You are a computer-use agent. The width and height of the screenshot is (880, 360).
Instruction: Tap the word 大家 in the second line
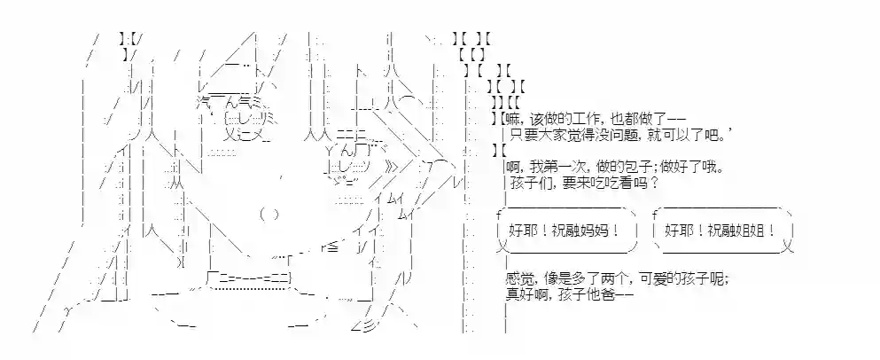[552, 135]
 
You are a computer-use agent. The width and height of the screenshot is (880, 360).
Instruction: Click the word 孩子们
[528, 184]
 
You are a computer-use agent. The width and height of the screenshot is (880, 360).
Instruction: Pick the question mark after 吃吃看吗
[652, 184]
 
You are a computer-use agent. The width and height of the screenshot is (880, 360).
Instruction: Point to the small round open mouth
[270, 214]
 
